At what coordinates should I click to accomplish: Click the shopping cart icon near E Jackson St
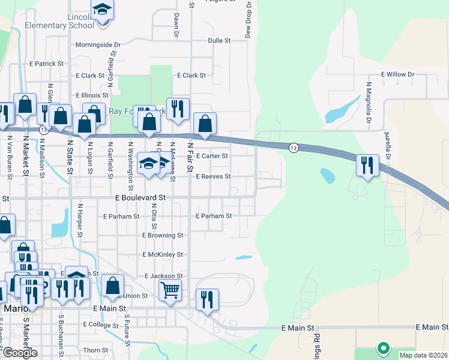(x=170, y=291)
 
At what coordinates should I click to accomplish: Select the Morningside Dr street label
(x=98, y=44)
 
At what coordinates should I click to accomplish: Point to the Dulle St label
(x=219, y=41)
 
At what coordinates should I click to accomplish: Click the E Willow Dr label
(x=397, y=75)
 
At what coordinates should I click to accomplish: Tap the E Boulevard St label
(x=140, y=197)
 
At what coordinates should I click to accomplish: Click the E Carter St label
(x=212, y=156)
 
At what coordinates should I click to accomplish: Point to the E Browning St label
(x=163, y=236)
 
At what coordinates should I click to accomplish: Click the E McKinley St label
(x=163, y=255)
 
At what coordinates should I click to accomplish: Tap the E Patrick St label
(x=46, y=64)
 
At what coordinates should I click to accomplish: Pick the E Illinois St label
(x=92, y=95)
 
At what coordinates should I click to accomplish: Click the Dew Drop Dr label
(x=248, y=20)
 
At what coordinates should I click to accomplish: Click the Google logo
(x=20, y=353)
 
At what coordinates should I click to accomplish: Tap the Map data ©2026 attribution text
(x=423, y=355)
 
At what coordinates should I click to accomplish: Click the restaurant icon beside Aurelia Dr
(x=367, y=165)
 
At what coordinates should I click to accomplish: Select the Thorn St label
(x=95, y=350)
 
